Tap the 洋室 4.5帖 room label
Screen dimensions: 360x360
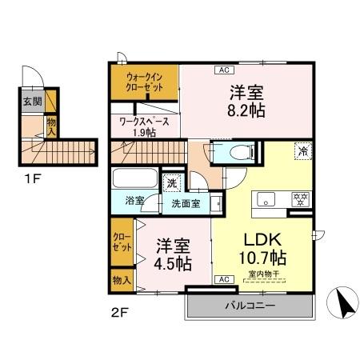(173, 253)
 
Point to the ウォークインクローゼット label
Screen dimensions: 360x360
(145, 82)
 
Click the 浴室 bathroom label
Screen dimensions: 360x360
(134, 201)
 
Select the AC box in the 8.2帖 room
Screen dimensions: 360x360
(222, 70)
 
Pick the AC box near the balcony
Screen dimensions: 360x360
(223, 279)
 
